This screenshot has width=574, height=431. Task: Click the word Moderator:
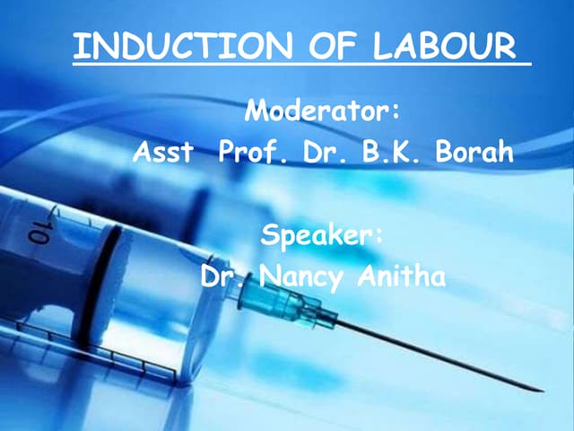point(321,113)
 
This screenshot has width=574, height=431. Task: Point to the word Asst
point(162,153)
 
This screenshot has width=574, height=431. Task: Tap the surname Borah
point(474,153)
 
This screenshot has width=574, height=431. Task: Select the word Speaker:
point(321,236)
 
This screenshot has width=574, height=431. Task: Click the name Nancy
point(300,277)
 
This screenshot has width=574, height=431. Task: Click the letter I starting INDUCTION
point(77,47)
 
